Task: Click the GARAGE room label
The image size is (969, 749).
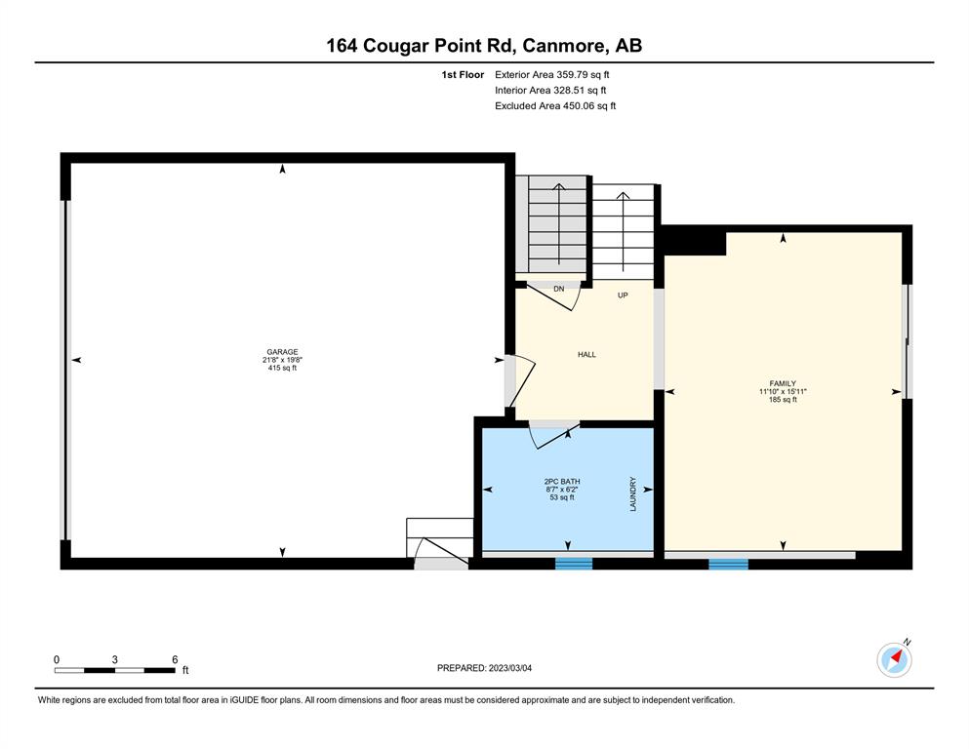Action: coord(282,352)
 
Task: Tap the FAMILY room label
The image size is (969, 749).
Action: coord(783,383)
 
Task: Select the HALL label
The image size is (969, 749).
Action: coord(586,354)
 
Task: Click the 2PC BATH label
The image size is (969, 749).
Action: coord(562,482)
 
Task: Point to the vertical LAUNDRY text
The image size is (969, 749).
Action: coord(632,494)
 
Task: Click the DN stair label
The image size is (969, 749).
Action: coord(558,289)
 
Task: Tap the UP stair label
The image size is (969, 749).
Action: coord(623,296)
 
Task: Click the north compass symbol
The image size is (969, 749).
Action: coord(894,659)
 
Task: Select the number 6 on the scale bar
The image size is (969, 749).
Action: coord(175,659)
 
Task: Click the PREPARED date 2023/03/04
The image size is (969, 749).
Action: coord(509,668)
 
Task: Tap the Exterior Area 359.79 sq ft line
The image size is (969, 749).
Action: coord(552,75)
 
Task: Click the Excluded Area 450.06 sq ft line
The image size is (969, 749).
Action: coord(555,105)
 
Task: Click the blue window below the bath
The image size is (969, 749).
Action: coord(574,563)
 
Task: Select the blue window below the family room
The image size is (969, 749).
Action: coord(728,564)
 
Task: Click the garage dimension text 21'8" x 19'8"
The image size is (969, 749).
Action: coord(282,360)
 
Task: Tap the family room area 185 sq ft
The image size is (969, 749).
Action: coord(783,400)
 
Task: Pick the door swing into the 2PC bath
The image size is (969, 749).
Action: coord(553,435)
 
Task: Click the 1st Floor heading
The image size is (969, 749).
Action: coord(463,75)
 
